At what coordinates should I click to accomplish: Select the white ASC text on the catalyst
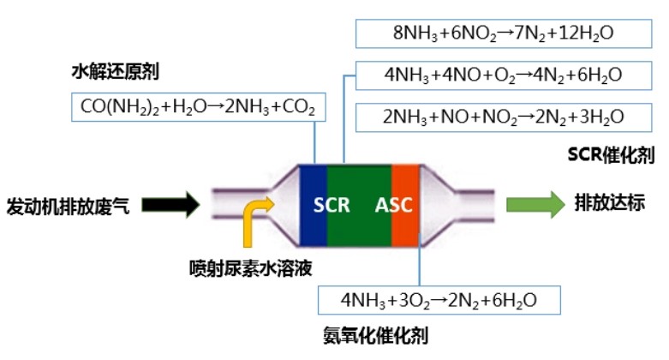click(393, 206)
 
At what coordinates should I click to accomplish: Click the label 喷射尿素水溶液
click(249, 267)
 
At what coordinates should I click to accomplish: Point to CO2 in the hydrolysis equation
click(299, 109)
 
